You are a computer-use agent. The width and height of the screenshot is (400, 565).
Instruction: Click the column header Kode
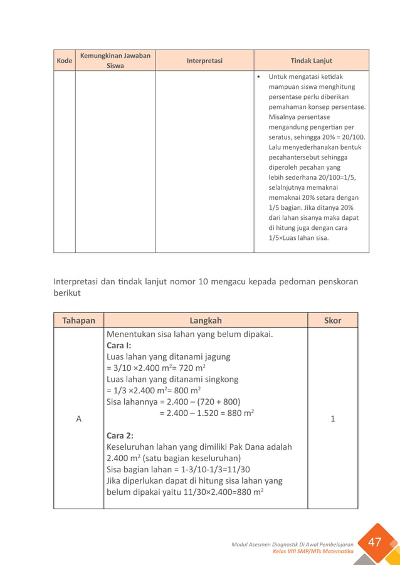point(64,61)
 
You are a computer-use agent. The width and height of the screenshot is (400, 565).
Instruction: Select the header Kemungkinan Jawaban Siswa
point(115,61)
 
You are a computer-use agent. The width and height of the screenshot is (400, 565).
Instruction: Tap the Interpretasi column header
point(204,61)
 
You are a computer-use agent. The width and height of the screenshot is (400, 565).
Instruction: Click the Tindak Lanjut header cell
point(311,61)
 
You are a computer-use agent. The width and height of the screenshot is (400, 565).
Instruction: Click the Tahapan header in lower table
point(78,320)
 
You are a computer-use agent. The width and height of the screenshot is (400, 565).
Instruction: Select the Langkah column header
point(206,320)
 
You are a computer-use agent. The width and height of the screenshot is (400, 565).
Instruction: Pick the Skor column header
point(332,320)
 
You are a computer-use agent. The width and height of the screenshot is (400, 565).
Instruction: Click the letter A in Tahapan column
point(78,418)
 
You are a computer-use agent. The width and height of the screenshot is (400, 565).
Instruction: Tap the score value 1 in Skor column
point(332,418)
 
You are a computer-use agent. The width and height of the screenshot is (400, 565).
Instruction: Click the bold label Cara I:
point(119,345)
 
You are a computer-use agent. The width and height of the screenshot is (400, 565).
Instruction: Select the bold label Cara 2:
point(120,435)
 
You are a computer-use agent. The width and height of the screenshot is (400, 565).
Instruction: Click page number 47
point(375,542)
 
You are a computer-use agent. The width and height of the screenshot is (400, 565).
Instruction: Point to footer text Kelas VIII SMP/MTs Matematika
point(313,551)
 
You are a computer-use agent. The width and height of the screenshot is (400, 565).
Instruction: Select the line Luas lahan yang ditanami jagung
point(168,356)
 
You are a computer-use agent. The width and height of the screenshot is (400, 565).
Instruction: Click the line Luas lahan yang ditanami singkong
point(172,379)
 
